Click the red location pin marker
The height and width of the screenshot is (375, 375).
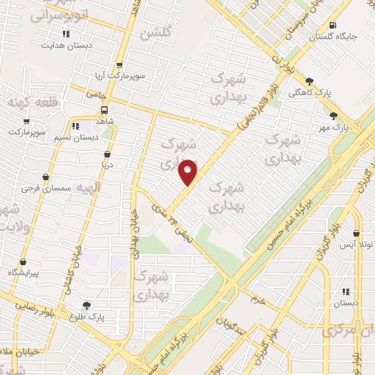coord(188,172)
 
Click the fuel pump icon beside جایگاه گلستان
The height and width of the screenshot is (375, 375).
coord(333,23)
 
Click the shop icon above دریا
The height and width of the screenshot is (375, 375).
coord(108,154)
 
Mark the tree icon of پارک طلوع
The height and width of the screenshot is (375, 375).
coord(87,305)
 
